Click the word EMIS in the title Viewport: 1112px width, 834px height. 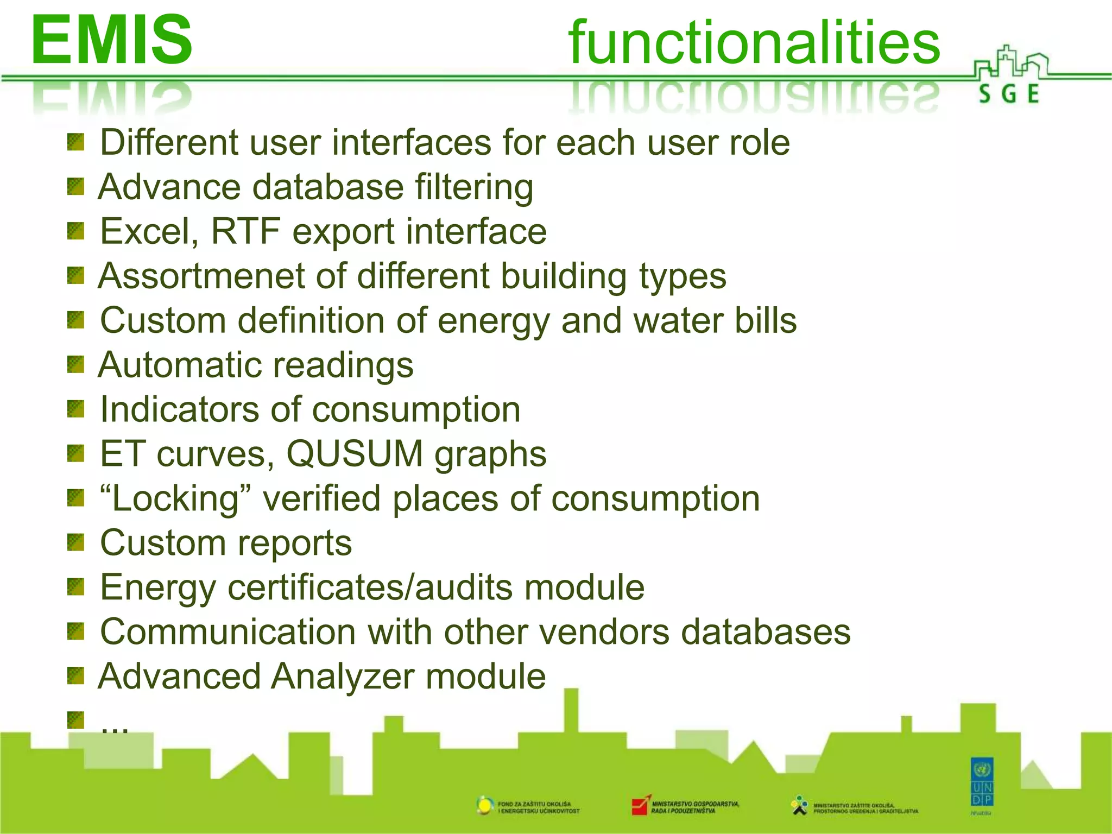pyautogui.click(x=111, y=40)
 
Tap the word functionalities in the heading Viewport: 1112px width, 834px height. pyautogui.click(x=754, y=42)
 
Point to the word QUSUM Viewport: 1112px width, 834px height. pyautogui.click(x=355, y=454)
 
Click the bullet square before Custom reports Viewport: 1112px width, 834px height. pyautogui.click(x=75, y=542)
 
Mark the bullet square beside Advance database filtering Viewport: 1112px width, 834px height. pyautogui.click(x=75, y=187)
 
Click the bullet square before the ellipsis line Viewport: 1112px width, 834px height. pyautogui.click(x=75, y=720)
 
